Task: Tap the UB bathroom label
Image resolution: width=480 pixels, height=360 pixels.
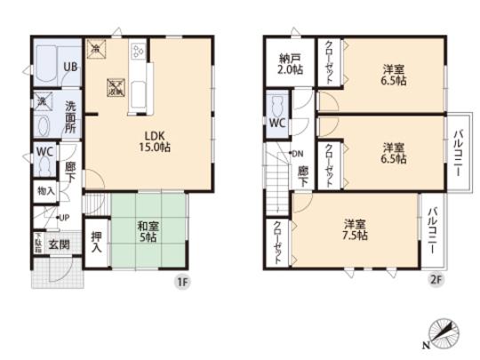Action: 69,66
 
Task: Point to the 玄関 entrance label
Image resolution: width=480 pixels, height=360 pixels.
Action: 59,244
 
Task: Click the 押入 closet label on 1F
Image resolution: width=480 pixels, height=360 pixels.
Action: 97,242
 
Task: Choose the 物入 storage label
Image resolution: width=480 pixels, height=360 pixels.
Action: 45,190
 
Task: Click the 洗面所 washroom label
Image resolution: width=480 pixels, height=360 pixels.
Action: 71,115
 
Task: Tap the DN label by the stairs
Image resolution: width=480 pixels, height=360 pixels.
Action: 298,153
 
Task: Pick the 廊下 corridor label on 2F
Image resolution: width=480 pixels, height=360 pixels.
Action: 304,172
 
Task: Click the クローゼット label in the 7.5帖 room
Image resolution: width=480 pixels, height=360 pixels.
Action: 277,241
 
